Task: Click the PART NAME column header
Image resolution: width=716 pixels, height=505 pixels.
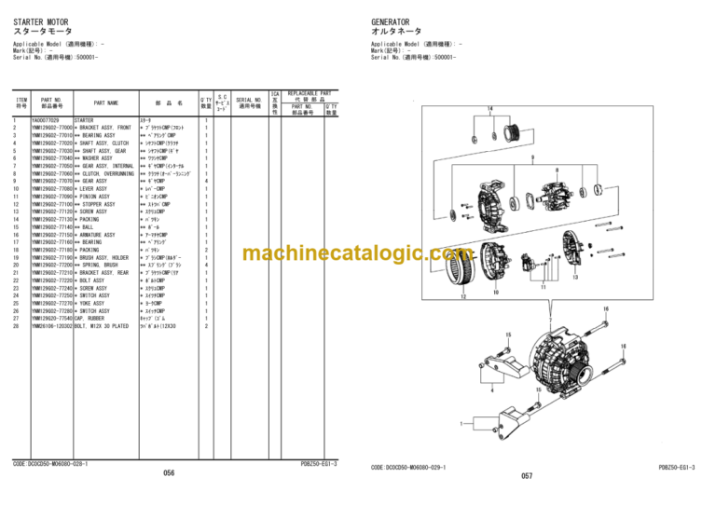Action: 105,102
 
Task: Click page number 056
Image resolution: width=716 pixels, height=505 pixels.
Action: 169,473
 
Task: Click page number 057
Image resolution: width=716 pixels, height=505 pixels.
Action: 527,475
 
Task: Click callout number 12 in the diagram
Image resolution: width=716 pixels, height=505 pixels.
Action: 463,297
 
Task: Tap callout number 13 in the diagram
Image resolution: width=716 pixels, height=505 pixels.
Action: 576,277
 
